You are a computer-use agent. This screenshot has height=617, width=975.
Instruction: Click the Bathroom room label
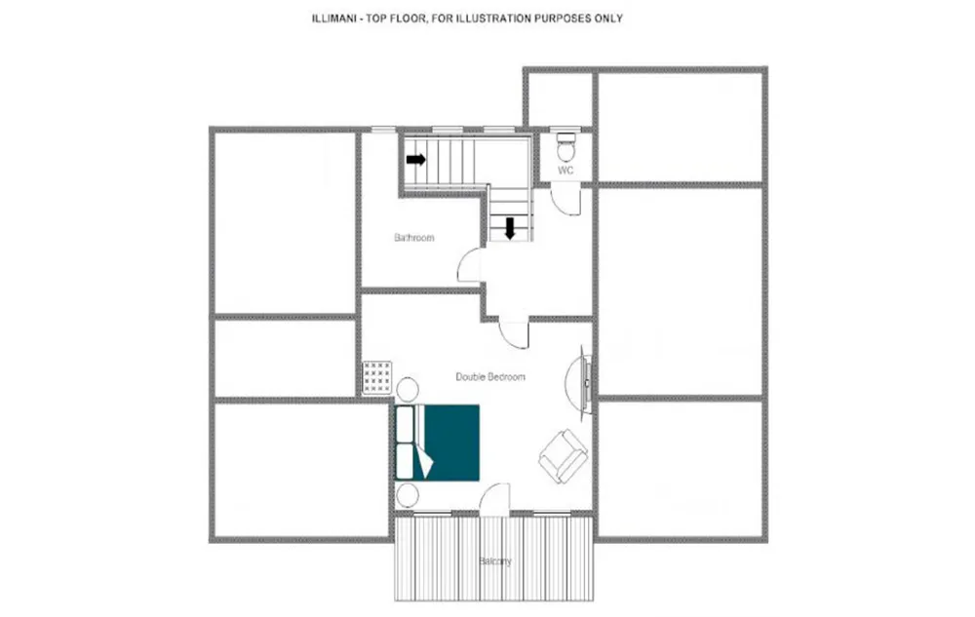coord(414,238)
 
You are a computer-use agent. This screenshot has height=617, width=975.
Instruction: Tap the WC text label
coord(565,171)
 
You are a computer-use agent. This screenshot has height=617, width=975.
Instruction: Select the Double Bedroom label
coord(490,376)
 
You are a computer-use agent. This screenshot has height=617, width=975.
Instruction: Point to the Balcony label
coord(495,561)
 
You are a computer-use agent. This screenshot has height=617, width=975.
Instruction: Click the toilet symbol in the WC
coord(565,147)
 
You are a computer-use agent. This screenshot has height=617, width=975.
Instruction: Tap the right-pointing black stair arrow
coord(416,160)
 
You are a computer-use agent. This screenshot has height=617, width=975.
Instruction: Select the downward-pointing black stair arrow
coord(510,228)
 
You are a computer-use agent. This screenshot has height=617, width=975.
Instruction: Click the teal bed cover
coord(452,443)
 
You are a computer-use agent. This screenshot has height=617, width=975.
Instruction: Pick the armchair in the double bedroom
coord(564,456)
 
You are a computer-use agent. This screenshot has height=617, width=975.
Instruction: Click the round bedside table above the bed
coord(408,390)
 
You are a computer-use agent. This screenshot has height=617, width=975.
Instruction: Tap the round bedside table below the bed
coord(408,496)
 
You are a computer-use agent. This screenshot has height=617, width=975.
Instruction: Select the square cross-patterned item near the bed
coord(377,377)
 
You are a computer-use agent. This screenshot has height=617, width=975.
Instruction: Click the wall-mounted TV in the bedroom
coord(586,381)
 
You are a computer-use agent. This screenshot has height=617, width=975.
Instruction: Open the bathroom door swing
coord(470,265)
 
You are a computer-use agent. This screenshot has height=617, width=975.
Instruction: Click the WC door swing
coord(566,200)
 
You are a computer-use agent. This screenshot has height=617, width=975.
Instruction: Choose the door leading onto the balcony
coord(495,499)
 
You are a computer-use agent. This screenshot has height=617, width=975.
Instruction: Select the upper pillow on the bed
coord(405,424)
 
